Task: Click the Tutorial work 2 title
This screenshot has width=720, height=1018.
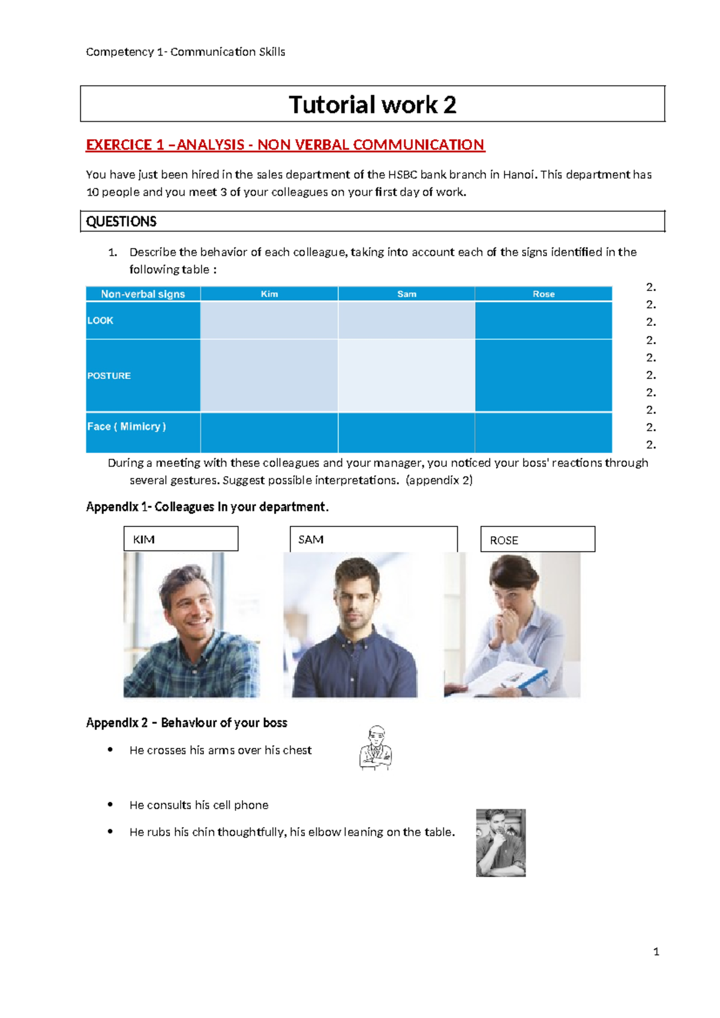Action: [x=372, y=104]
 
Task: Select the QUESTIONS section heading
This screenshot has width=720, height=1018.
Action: [x=121, y=221]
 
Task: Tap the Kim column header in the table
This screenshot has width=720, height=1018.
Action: [x=269, y=294]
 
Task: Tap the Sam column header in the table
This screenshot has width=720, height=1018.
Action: [x=406, y=294]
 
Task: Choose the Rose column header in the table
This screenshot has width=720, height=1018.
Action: [x=544, y=294]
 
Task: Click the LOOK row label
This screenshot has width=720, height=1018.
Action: [x=100, y=321]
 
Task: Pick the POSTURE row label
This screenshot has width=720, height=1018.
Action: [x=109, y=376]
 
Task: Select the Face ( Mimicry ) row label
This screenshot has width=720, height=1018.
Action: [x=127, y=427]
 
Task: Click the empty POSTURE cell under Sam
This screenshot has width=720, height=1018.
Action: [x=406, y=376]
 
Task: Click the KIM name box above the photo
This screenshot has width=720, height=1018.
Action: [x=181, y=539]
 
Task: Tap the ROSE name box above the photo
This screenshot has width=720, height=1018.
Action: [x=538, y=540]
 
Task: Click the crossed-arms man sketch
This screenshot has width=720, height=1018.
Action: [x=376, y=748]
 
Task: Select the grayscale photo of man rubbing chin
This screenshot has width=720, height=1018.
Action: [x=500, y=843]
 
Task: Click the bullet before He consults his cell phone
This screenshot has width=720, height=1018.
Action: [x=110, y=804]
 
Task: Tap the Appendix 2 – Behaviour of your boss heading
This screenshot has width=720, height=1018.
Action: [x=187, y=723]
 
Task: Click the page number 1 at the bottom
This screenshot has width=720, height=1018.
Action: [x=656, y=951]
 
